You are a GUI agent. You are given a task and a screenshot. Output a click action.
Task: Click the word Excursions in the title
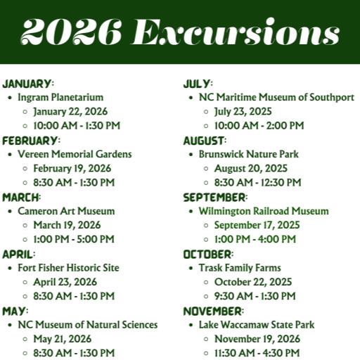coord(236,33)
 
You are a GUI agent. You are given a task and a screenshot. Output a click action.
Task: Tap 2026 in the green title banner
coord(71,33)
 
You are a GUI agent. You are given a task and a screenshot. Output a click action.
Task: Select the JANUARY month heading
coord(27,83)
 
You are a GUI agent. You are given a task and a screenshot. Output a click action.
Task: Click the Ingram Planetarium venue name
coord(60,97)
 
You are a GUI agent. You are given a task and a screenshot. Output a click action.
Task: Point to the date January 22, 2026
coord(72,111)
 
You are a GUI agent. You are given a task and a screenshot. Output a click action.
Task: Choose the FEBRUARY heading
coord(31,140)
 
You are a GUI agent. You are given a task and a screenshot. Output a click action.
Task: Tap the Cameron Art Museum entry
coord(66,211)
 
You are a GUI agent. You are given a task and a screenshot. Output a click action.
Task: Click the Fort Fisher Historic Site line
coord(68,268)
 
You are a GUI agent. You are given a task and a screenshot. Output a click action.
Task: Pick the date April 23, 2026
coord(66,282)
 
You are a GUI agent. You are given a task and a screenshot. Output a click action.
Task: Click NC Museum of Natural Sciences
coord(87,325)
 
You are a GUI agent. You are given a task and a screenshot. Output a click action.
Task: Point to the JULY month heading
coord(197,83)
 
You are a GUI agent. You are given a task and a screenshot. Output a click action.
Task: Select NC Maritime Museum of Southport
coord(276,97)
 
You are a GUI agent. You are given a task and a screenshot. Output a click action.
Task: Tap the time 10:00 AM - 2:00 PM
coord(259,125)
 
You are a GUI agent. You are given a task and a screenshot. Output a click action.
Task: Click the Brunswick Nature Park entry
coord(248,154)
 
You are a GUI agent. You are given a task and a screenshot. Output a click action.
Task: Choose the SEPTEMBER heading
coord(215,197)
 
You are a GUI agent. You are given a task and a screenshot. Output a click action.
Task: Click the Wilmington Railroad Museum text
coord(263,211)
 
